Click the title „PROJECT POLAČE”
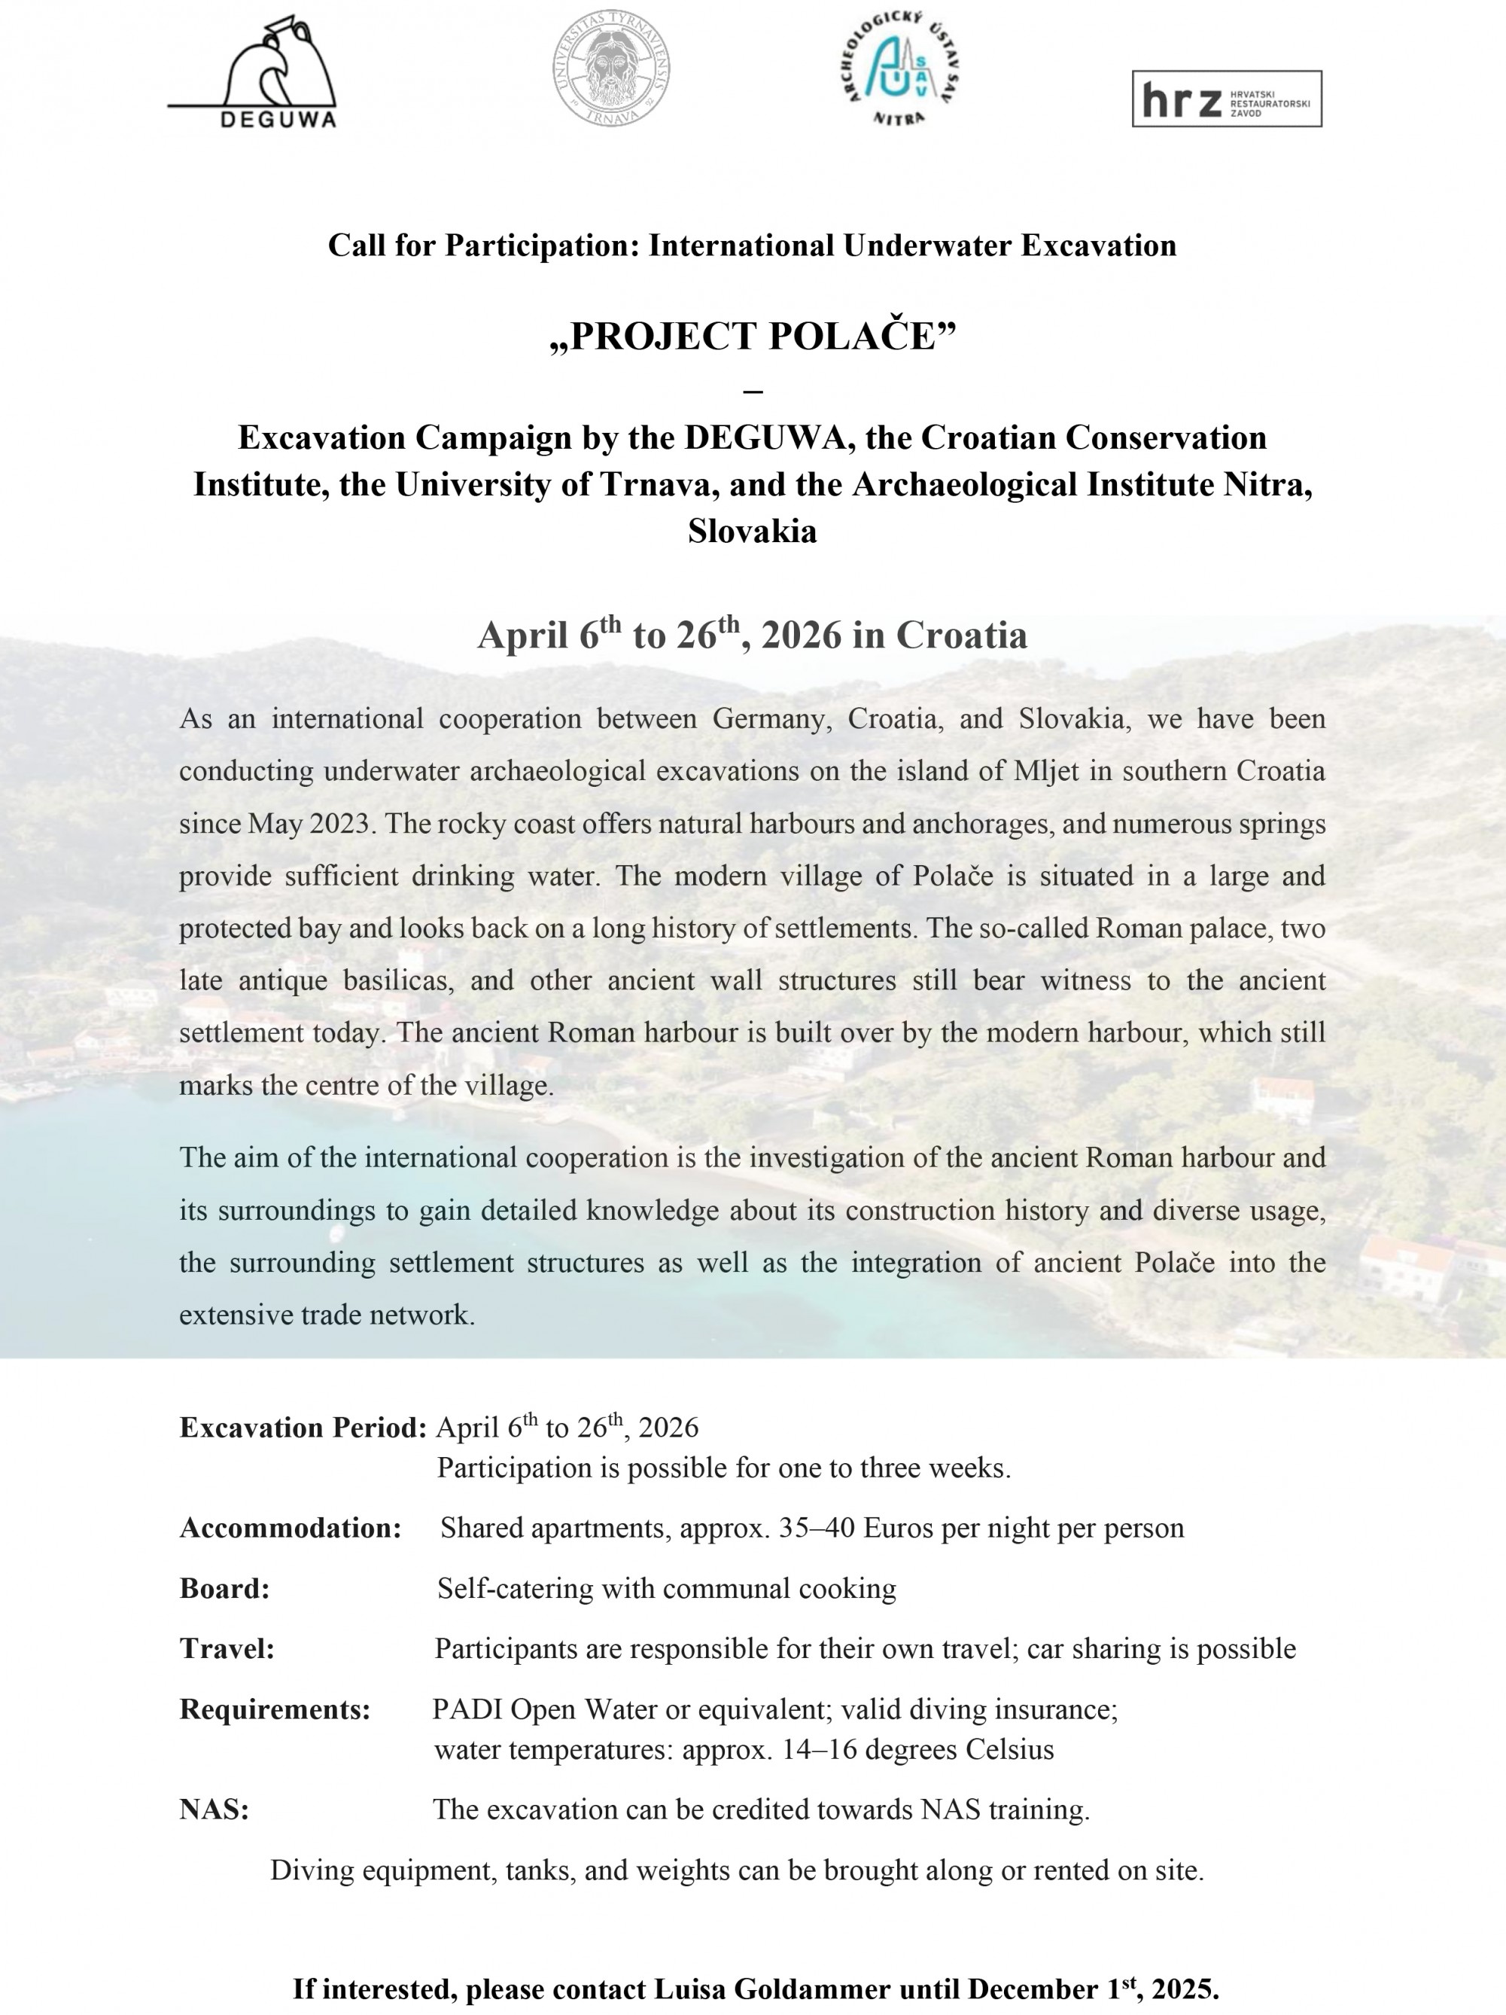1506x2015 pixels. coord(752,336)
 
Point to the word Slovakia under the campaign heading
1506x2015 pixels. coord(752,531)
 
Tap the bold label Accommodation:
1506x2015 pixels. coord(291,1528)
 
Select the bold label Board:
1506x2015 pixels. coord(225,1589)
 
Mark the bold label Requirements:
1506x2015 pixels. coord(275,1710)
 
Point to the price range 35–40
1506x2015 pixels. coord(817,1528)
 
